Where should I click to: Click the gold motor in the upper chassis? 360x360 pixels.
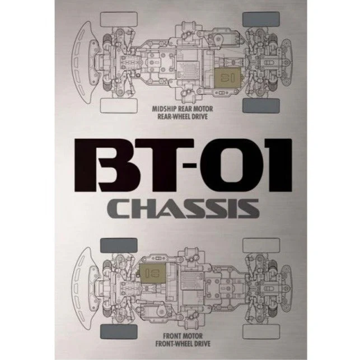click(x=227, y=77)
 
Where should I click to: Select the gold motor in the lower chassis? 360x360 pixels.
click(x=153, y=273)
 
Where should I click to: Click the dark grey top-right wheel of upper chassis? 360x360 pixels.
click(x=261, y=19)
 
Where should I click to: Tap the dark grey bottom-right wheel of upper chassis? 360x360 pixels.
click(x=261, y=106)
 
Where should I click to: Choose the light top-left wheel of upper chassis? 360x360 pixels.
click(x=119, y=19)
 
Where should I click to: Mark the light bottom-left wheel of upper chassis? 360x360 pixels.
click(x=119, y=106)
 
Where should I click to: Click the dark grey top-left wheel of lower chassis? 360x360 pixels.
click(x=119, y=245)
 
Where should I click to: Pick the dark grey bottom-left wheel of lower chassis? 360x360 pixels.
click(x=119, y=332)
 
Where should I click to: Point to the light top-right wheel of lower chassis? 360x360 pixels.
click(x=261, y=245)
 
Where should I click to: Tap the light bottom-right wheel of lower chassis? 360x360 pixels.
click(x=261, y=332)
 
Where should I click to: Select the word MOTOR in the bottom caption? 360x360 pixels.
click(x=193, y=336)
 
